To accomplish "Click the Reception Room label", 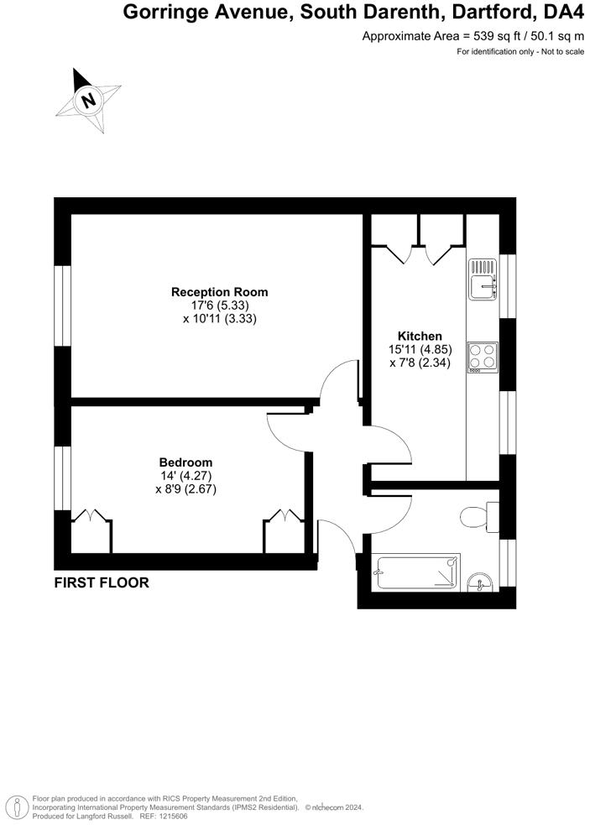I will (220, 292).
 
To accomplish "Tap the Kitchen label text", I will (420, 337).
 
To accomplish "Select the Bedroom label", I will (185, 462).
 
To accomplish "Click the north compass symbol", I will (87, 101).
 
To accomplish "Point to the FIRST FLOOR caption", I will (102, 582).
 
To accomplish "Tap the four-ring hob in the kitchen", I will (483, 356).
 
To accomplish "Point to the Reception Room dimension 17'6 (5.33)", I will (220, 305).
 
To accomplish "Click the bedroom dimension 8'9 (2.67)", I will (186, 489).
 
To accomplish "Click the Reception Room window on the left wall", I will (62, 305).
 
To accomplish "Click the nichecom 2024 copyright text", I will (333, 807).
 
